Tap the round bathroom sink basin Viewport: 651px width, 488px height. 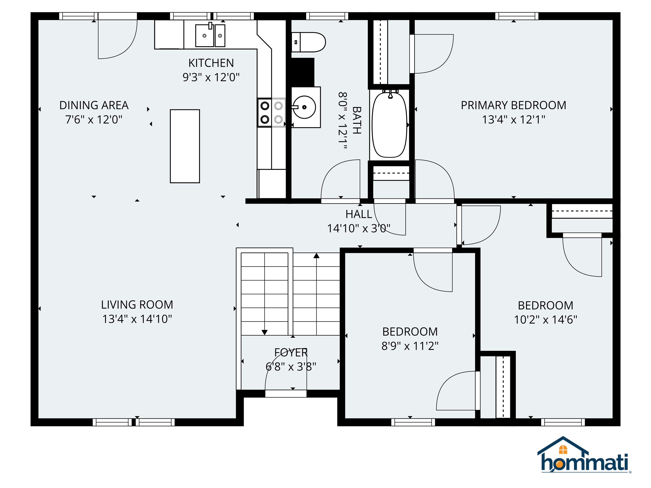click(x=305, y=107)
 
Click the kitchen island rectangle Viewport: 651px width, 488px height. click(x=185, y=146)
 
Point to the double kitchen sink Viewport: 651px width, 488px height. click(x=210, y=36)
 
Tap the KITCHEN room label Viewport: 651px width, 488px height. click(x=211, y=63)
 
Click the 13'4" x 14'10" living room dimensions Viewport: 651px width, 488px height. click(x=137, y=319)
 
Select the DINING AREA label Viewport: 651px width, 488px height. click(x=94, y=105)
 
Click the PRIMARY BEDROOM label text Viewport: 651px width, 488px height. click(x=513, y=105)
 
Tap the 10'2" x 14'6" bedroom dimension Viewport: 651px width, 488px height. click(x=545, y=320)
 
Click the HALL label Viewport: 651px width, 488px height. click(x=359, y=214)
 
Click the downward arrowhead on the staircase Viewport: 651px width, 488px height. click(x=264, y=332)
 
